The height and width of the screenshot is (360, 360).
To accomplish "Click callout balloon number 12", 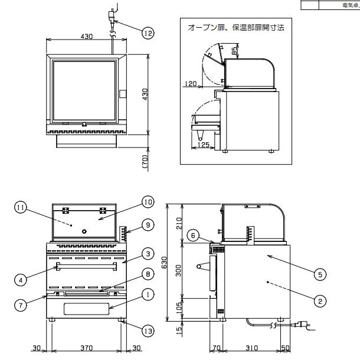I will (146, 33).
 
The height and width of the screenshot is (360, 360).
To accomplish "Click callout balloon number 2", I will (317, 301).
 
